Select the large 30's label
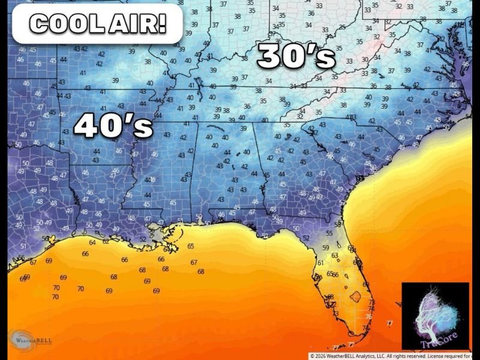[296, 57]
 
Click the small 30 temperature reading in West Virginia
[365, 59]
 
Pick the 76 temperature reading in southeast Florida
[368, 316]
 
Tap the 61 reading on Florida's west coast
[320, 263]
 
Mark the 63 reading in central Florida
[335, 256]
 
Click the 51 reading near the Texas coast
[23, 246]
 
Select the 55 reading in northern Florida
[329, 233]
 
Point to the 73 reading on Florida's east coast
[371, 302]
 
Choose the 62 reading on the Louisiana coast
[106, 241]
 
